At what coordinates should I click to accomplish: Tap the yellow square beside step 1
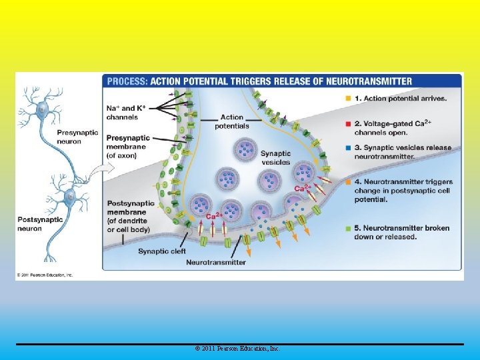[x=347, y=98]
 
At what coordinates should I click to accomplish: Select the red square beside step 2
[x=347, y=123]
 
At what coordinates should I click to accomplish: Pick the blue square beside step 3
[x=347, y=148]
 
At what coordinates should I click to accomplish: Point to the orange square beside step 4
[x=347, y=181]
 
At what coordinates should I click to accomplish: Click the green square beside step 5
[x=347, y=228]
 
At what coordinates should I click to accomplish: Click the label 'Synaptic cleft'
[x=162, y=251]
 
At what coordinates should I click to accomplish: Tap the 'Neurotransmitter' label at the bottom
[x=215, y=262]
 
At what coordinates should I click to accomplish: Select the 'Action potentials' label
[x=231, y=121]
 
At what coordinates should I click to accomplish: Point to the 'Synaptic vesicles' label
[x=275, y=157]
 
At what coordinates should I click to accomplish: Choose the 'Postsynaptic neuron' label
[x=39, y=224]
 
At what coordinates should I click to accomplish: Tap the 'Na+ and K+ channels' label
[x=126, y=112]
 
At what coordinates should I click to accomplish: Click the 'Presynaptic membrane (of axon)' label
[x=131, y=147]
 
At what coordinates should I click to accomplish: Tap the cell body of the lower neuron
[x=69, y=195]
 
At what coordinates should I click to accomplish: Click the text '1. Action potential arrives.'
[x=401, y=98]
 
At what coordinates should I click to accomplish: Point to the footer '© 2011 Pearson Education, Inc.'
[x=238, y=349]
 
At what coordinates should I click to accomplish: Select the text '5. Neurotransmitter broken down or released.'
[x=402, y=232]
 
